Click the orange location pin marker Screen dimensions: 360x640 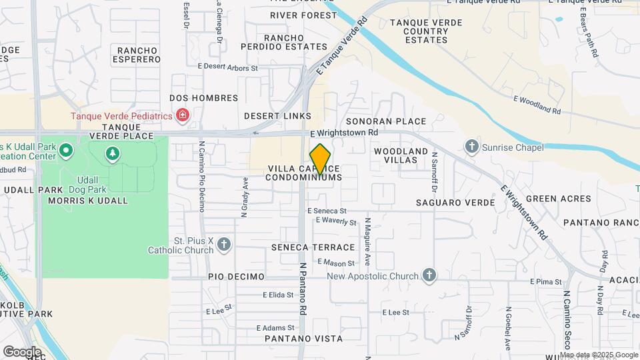[x=321, y=159]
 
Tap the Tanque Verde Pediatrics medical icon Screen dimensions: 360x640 [x=182, y=116]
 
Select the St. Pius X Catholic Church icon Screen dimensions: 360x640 [x=224, y=245]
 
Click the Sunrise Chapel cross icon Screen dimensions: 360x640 [x=472, y=146]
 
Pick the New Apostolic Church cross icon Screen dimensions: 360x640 [x=429, y=275]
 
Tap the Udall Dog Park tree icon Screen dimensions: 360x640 [x=113, y=154]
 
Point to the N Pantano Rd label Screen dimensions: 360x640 [x=302, y=288]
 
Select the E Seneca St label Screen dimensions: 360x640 [x=327, y=211]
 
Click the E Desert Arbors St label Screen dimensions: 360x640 [x=230, y=68]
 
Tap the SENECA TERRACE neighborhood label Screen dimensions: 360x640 [x=313, y=247]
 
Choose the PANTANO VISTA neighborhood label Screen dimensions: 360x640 [x=303, y=339]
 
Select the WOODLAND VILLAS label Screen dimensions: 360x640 [x=400, y=156]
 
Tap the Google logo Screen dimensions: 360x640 [x=22, y=351]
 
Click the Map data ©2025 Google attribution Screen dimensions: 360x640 [x=597, y=355]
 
